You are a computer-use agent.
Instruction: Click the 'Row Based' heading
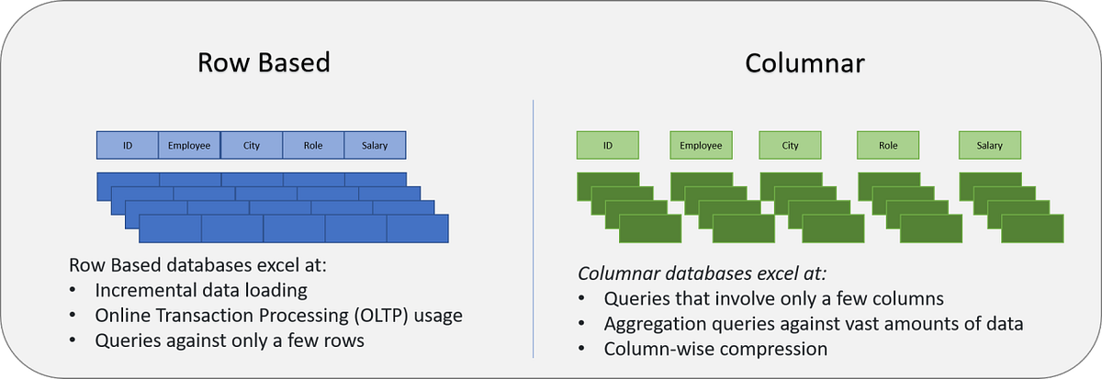(x=264, y=65)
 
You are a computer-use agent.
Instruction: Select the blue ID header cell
(x=128, y=146)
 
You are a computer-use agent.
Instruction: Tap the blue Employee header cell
(x=189, y=146)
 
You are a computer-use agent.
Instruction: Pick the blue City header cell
(x=252, y=146)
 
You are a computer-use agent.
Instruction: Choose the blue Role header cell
(x=313, y=146)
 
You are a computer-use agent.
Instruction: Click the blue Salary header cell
(x=375, y=146)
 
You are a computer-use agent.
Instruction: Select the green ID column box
(x=607, y=146)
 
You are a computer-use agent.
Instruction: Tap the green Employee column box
(x=702, y=146)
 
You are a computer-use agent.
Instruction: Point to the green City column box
(x=791, y=146)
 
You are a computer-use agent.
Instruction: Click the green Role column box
(x=888, y=146)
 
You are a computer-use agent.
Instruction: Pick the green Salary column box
(x=990, y=146)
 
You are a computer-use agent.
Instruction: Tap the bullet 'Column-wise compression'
(x=715, y=349)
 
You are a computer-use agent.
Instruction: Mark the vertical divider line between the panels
(x=534, y=229)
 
